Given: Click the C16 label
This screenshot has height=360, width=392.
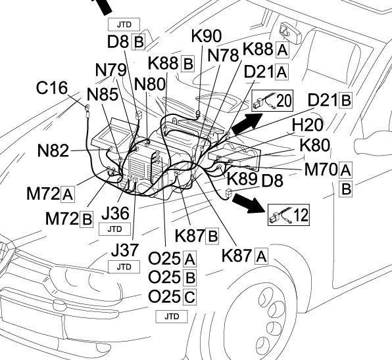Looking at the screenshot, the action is pos(52,88).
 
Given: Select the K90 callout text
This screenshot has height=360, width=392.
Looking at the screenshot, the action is pos(207,35).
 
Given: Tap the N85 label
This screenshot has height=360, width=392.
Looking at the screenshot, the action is pos(103,95).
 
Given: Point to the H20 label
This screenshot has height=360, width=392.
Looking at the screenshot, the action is pos(308,125).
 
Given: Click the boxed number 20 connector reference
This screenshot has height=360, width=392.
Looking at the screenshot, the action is pos(272,101).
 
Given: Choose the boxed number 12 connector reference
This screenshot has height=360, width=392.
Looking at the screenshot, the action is pos(289,215).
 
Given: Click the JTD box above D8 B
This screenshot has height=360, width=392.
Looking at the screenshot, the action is pos(124,24).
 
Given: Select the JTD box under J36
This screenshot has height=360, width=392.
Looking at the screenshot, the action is pos(114,229).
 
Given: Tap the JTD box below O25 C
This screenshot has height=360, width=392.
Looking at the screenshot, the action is pos(172,317).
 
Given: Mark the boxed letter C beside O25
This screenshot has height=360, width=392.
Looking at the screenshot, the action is pos(189,297).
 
